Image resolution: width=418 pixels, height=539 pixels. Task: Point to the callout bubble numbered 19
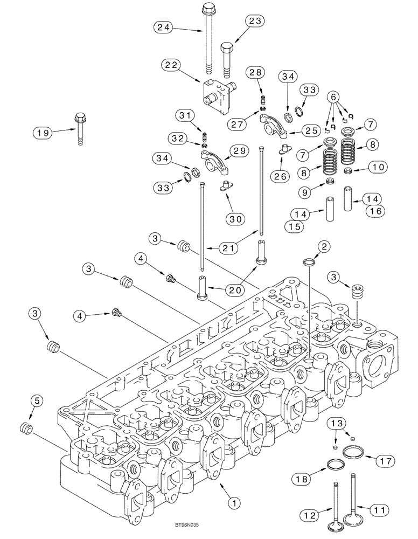(44, 132)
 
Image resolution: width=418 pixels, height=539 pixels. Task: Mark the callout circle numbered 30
(235, 218)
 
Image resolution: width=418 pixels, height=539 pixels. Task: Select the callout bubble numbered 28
(255, 72)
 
